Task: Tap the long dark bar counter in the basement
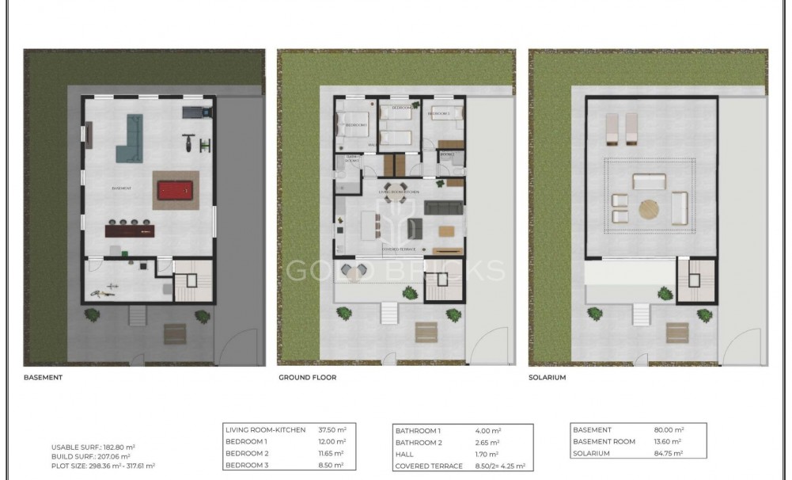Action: click(131, 230)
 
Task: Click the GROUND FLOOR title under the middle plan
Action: click(307, 378)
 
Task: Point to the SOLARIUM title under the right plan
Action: click(548, 378)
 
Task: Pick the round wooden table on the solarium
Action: click(649, 208)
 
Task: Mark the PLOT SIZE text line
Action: click(103, 467)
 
